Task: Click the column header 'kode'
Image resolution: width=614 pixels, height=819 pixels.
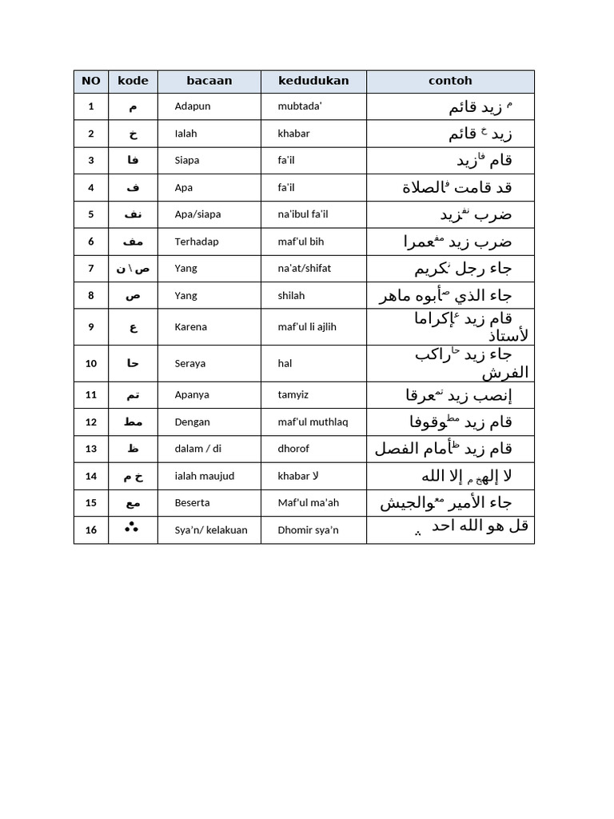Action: pyautogui.click(x=133, y=81)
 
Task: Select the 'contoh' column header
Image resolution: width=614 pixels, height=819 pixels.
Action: pyautogui.click(x=450, y=81)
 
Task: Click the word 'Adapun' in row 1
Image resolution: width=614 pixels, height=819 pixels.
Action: pyautogui.click(x=193, y=106)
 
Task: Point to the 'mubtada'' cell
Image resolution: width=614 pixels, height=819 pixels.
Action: pyautogui.click(x=299, y=106)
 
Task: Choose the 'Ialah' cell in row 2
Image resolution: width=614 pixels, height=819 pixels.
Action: pyautogui.click(x=185, y=134)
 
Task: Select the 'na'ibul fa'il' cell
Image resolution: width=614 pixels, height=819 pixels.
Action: pyautogui.click(x=303, y=214)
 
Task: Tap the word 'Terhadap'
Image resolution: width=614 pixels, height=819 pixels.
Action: pyautogui.click(x=197, y=242)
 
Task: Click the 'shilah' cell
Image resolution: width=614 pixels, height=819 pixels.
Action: pyautogui.click(x=291, y=295)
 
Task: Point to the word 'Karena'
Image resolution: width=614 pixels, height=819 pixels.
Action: pyautogui.click(x=190, y=326)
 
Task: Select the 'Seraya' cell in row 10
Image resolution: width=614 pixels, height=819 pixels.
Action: pyautogui.click(x=189, y=363)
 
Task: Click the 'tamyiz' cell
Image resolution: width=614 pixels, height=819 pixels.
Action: pyautogui.click(x=293, y=394)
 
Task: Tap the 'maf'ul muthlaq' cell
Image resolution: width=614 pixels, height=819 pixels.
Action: pyautogui.click(x=308, y=421)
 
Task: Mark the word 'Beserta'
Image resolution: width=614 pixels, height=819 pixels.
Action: pyautogui.click(x=193, y=503)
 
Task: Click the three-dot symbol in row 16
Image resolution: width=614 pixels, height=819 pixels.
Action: pyautogui.click(x=132, y=529)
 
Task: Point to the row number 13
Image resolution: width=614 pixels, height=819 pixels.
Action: pyautogui.click(x=91, y=449)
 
